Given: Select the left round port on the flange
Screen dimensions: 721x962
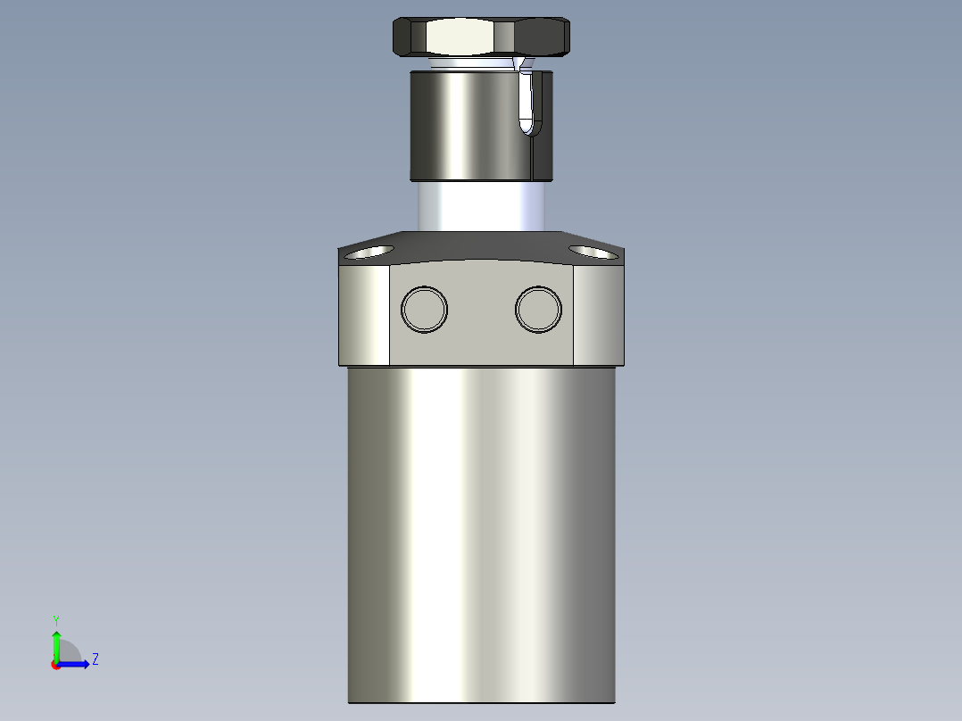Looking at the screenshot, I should [x=424, y=309].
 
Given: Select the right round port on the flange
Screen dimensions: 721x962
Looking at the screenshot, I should [x=538, y=309].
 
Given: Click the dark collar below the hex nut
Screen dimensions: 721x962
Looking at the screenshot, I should [x=464, y=125].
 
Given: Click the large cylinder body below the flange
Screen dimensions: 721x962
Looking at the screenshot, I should [x=482, y=535].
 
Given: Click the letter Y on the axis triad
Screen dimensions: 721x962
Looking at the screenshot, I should [x=55, y=619].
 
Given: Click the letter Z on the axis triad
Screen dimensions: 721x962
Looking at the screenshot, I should [x=95, y=659].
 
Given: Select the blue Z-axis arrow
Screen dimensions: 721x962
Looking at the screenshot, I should [x=75, y=664].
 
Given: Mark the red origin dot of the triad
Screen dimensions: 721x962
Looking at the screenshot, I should [x=56, y=665].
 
